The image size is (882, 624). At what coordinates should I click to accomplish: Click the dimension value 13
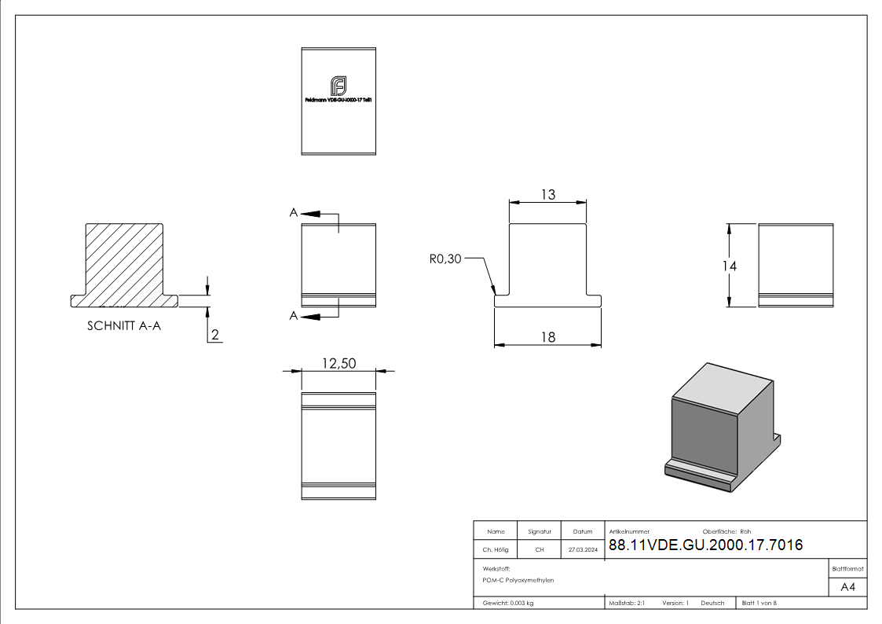click(x=547, y=194)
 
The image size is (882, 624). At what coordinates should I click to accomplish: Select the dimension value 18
click(x=547, y=336)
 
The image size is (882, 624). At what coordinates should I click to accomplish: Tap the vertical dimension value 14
click(x=730, y=266)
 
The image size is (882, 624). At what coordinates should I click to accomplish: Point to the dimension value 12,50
click(x=339, y=362)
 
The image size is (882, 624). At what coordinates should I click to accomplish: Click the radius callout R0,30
click(x=445, y=259)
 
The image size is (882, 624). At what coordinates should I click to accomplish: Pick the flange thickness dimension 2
click(x=215, y=336)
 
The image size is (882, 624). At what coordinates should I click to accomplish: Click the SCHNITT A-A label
click(x=124, y=326)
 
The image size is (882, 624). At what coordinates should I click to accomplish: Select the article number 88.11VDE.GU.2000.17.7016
click(x=705, y=545)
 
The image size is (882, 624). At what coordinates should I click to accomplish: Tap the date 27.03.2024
click(x=583, y=550)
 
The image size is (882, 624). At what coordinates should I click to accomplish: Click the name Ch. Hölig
click(x=496, y=550)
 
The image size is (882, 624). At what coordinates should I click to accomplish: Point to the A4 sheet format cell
click(x=848, y=587)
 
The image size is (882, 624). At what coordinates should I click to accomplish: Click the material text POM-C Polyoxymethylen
click(x=518, y=580)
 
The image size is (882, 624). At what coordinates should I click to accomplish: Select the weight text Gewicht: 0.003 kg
click(x=508, y=603)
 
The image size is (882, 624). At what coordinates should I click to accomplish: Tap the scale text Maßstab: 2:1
click(x=627, y=603)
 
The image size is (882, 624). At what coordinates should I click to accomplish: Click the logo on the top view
click(x=339, y=86)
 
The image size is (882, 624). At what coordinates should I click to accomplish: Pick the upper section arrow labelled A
click(x=313, y=213)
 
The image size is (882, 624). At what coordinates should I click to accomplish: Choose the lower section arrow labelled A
click(x=313, y=316)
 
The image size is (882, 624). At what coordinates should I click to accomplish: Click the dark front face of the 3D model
click(x=705, y=431)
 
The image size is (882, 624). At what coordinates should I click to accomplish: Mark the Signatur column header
click(x=540, y=531)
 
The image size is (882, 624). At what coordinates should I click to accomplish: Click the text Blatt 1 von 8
click(x=759, y=603)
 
